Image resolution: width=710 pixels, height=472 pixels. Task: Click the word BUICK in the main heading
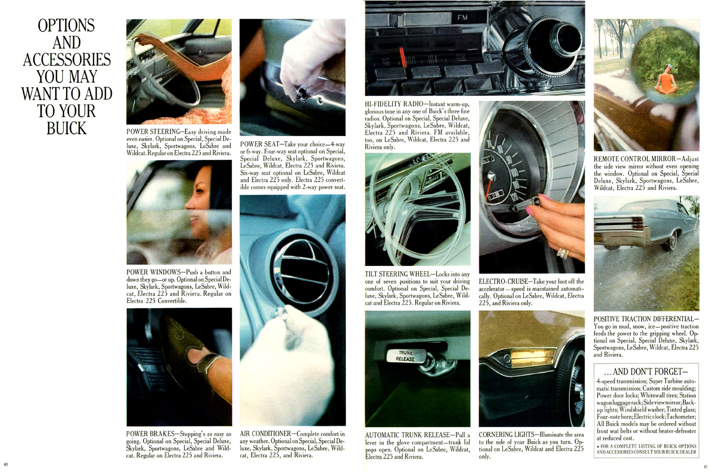tap(67, 128)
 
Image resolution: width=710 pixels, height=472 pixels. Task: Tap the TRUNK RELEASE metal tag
tap(405, 356)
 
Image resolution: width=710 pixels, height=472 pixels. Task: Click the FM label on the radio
tap(462, 18)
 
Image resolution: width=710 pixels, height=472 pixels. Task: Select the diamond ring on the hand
tap(563, 253)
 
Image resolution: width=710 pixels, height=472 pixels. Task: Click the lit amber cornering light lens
tap(533, 357)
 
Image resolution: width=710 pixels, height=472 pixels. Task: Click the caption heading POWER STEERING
tap(154, 132)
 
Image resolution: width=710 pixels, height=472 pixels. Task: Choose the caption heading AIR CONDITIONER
tap(266, 433)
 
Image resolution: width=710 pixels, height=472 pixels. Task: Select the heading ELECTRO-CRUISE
tap(504, 281)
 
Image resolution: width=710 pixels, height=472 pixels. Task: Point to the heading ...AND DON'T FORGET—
tap(646, 372)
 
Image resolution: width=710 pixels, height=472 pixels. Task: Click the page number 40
tap(6, 464)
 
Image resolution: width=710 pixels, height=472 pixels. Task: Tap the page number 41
tap(705, 467)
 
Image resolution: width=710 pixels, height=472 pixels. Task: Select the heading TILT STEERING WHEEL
tap(399, 274)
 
